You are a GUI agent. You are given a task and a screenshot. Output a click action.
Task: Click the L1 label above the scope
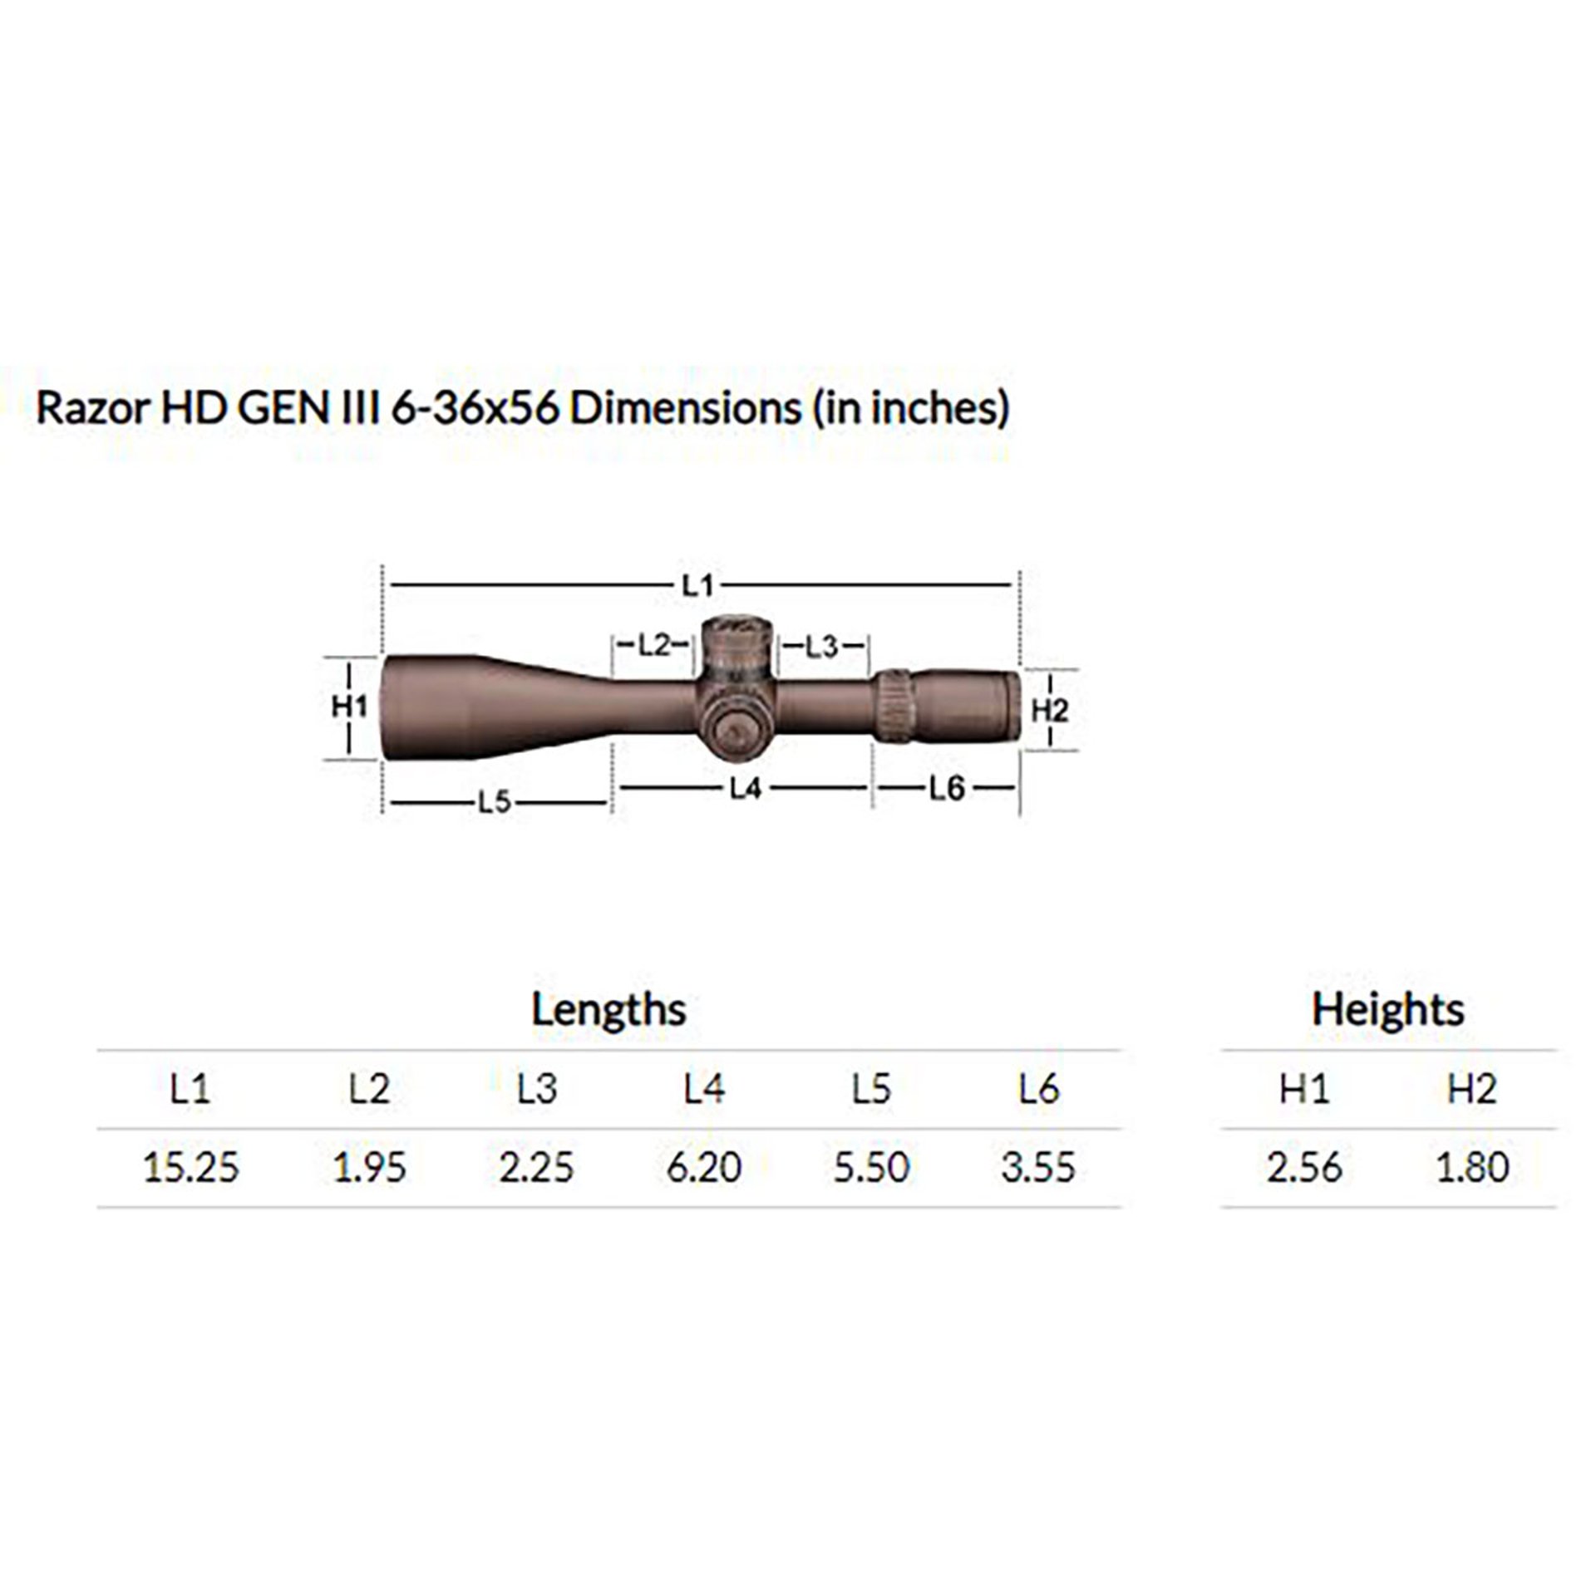coord(697,586)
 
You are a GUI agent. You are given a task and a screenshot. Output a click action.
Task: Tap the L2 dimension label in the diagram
coord(653,644)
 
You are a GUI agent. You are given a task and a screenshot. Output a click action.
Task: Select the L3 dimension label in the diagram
coord(821,646)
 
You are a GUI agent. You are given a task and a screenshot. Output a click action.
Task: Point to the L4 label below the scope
coord(745,788)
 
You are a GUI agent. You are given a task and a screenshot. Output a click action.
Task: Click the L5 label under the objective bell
coord(494,802)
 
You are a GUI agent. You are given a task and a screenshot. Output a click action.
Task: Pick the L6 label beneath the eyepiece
coord(946,787)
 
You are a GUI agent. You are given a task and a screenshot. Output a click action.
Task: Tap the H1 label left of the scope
coord(349,707)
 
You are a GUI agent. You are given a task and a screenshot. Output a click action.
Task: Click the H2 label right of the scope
coord(1049,710)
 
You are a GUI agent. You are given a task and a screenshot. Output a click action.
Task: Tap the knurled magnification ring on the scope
coord(894,705)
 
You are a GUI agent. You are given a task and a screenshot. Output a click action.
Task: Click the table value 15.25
coord(190,1167)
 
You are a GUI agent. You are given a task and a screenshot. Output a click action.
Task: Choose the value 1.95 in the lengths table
coord(369,1167)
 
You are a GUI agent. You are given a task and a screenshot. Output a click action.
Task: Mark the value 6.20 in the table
coord(703,1167)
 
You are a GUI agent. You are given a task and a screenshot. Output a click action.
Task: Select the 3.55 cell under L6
coord(1038,1167)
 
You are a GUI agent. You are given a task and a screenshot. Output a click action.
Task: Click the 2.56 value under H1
coord(1303,1167)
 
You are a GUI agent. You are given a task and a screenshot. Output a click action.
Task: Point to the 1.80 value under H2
coord(1472,1167)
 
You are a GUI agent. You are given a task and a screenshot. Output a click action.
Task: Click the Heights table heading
coord(1387,1010)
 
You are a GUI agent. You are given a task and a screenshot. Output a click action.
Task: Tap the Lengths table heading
coord(608,1010)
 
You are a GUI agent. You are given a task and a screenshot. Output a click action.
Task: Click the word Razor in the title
coord(91,408)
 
